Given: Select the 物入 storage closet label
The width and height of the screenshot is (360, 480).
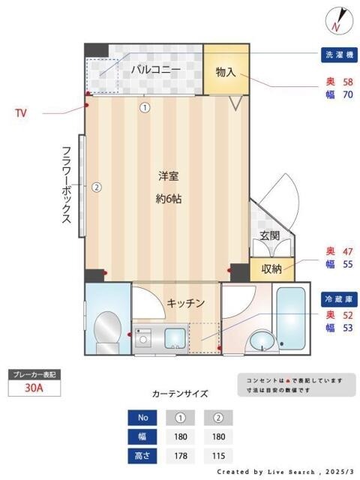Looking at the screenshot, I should (226, 72).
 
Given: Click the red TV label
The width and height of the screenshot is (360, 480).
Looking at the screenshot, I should (21, 113).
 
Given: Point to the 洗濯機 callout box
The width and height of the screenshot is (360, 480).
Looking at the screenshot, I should (340, 55).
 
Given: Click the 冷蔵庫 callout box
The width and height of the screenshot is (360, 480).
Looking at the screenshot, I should (340, 298).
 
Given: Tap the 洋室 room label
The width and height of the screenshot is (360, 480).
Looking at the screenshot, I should (168, 176).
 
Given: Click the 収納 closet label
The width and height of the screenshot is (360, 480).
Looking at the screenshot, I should (271, 268).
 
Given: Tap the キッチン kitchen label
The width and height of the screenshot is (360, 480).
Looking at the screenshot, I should (185, 303).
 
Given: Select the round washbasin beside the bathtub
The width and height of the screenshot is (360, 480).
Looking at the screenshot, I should (261, 341).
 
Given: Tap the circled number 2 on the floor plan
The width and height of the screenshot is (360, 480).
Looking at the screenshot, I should (96, 187).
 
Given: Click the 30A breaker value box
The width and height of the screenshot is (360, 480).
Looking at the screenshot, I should (32, 388).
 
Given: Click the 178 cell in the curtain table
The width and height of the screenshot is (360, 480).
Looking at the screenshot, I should (179, 455).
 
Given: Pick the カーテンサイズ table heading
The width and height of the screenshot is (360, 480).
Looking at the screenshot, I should (180, 393).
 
